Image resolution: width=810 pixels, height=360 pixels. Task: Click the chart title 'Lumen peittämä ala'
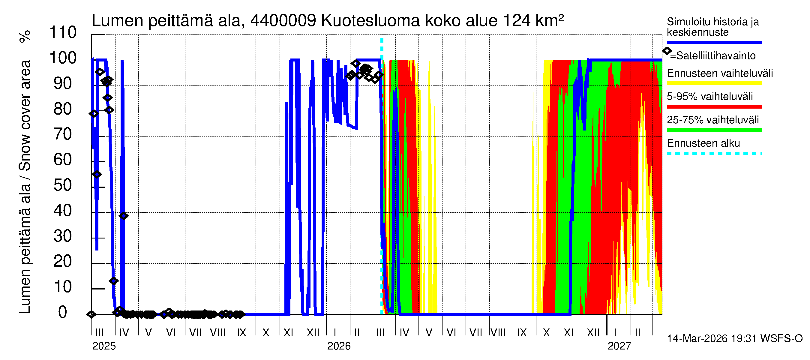pos(167,21)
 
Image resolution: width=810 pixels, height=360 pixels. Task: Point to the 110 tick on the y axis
pos(63,32)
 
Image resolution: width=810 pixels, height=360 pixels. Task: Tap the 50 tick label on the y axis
pos(63,185)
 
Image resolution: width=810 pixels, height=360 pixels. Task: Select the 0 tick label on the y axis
pos(63,312)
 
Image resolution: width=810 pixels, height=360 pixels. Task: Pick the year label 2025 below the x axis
pos(104,346)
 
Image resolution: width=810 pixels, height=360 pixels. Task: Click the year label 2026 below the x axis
pos(339,346)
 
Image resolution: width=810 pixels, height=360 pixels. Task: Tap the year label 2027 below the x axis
pos(619,346)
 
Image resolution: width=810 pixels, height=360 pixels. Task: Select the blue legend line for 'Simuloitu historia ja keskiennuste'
pos(714,42)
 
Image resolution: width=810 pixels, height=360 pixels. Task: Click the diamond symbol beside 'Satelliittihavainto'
pos(667,51)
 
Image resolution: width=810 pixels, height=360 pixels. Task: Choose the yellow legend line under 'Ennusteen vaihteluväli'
pos(714,83)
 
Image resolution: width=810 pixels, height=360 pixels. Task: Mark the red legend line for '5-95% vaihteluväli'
pos(714,107)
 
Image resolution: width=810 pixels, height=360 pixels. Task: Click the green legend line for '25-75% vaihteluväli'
pos(714,130)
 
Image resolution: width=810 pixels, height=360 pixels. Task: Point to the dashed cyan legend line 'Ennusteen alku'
pos(714,153)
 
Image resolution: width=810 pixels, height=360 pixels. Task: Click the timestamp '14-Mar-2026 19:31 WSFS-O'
pos(734,339)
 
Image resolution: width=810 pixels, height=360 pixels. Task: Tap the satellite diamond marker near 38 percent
pos(124,216)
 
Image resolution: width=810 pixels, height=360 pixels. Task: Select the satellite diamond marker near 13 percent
pos(114,281)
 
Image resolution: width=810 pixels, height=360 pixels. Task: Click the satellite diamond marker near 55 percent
pos(97,174)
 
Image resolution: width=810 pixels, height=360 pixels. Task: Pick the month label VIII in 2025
pos(217,333)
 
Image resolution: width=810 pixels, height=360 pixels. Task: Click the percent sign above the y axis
pos(25,36)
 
